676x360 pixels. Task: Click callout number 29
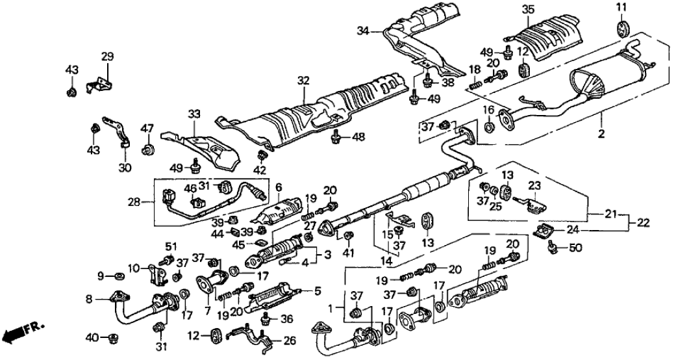point(107,57)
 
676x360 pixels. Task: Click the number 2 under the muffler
point(601,134)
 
